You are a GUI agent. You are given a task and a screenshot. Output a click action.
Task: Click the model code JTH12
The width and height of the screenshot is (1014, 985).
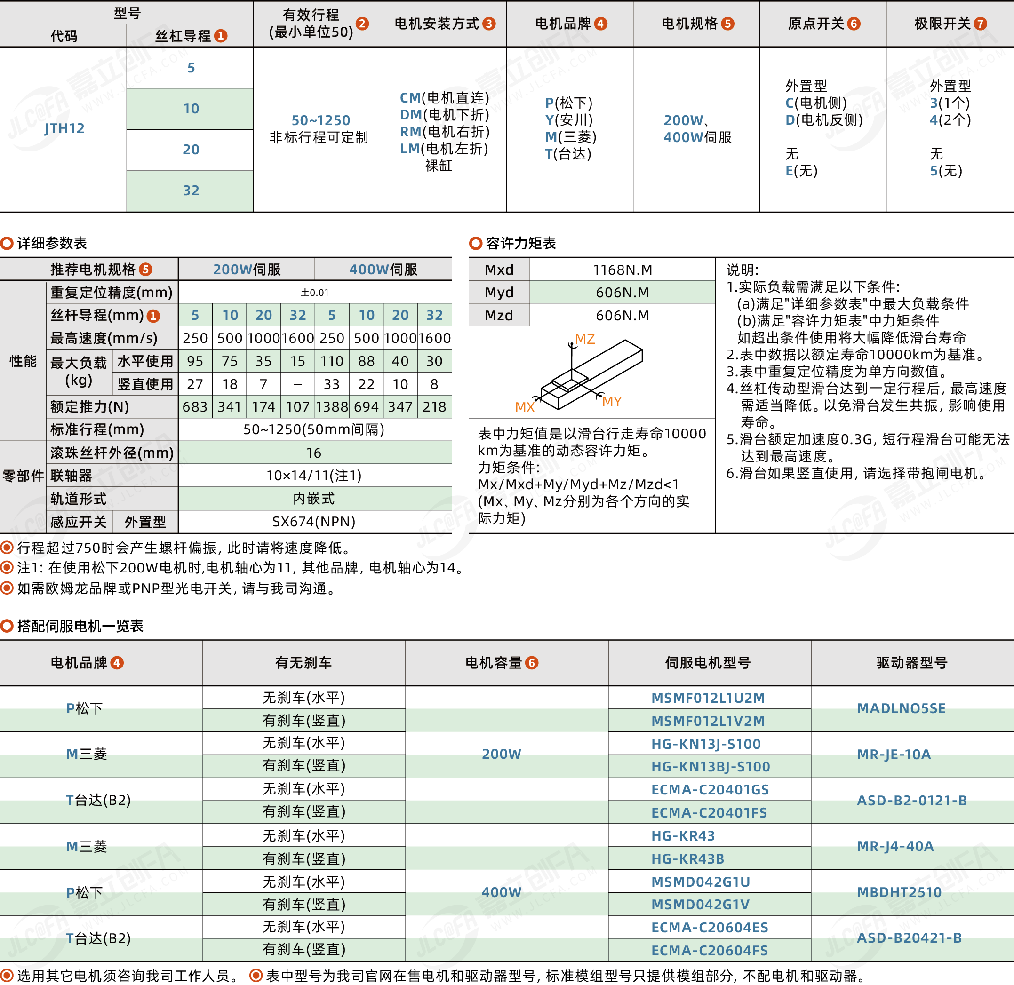(x=64, y=128)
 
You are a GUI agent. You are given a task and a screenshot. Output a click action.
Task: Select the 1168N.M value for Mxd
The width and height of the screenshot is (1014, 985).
(x=622, y=270)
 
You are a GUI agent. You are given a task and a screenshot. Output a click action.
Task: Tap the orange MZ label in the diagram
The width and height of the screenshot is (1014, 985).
(x=585, y=339)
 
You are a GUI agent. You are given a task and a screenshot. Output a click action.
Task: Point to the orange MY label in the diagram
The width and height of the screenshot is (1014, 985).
(x=611, y=401)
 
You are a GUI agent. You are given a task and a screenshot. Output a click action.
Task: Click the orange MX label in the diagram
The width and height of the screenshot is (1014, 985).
(x=524, y=407)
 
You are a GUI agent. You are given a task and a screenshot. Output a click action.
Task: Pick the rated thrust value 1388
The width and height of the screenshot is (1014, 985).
(x=332, y=406)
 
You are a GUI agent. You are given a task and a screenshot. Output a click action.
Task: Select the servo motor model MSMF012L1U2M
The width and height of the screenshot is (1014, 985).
(x=708, y=698)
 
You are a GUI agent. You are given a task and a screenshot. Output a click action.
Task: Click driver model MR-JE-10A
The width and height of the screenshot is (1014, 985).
(x=894, y=754)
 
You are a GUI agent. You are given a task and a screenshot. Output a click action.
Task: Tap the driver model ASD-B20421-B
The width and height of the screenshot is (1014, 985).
(x=910, y=938)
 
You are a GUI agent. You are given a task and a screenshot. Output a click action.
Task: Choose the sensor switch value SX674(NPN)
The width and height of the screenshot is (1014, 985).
(x=314, y=522)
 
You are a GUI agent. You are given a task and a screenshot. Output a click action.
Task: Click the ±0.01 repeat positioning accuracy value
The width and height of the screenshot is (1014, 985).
(x=315, y=292)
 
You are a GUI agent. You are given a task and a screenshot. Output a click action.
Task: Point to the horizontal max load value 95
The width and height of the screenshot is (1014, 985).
(x=195, y=361)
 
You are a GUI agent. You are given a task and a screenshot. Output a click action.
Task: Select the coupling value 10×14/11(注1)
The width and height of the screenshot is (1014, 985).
(x=314, y=476)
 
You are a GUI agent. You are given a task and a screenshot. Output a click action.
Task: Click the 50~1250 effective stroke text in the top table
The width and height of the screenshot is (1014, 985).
(x=321, y=120)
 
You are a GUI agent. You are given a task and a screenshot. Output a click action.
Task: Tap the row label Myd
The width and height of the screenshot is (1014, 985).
(x=499, y=292)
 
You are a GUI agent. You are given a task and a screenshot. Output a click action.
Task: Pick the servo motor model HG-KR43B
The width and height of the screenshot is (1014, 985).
(x=687, y=859)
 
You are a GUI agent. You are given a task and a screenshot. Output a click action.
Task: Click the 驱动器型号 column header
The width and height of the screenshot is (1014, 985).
(x=911, y=663)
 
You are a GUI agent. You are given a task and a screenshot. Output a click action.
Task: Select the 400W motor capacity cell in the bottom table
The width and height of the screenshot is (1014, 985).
(x=502, y=892)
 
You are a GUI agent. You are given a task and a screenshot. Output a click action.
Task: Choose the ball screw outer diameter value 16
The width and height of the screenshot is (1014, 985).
(x=314, y=453)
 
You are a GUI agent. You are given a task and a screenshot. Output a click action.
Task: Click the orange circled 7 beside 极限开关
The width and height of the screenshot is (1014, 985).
(x=980, y=24)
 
